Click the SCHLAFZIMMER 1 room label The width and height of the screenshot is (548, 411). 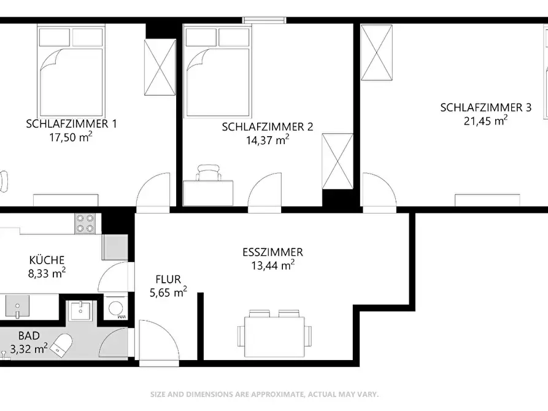[x=71, y=124]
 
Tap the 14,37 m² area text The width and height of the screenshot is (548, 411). [x=268, y=140]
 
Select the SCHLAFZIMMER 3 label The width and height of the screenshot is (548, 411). [x=486, y=107]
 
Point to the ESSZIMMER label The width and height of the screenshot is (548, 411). [x=272, y=252]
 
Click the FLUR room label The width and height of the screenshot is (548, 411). [x=168, y=279]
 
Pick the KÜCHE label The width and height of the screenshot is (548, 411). [x=47, y=260]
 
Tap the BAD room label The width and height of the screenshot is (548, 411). [x=29, y=336]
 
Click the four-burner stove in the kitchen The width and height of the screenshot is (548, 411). [x=85, y=224]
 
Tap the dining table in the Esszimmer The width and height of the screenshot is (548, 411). [x=274, y=337]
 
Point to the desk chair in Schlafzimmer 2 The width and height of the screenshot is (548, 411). [x=209, y=172]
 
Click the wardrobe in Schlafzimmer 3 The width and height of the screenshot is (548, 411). [x=376, y=53]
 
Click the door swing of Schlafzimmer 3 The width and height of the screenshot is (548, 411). [x=379, y=192]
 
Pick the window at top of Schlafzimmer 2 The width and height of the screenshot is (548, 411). [x=264, y=20]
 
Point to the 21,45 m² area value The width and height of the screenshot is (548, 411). [x=485, y=121]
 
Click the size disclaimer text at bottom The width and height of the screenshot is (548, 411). [x=264, y=394]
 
